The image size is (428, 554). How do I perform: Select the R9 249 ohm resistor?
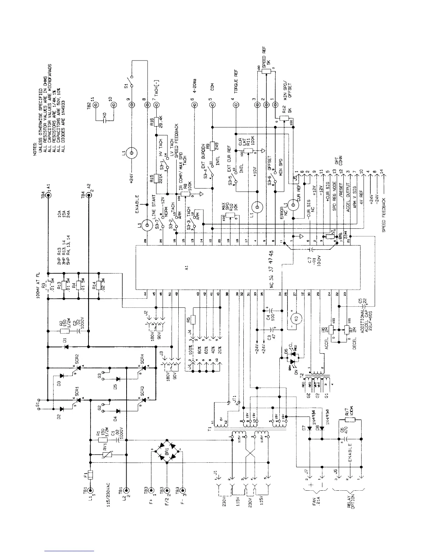[x=212, y=146]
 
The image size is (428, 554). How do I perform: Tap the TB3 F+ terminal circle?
[x=151, y=491]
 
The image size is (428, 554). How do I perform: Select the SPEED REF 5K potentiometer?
[x=266, y=72]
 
